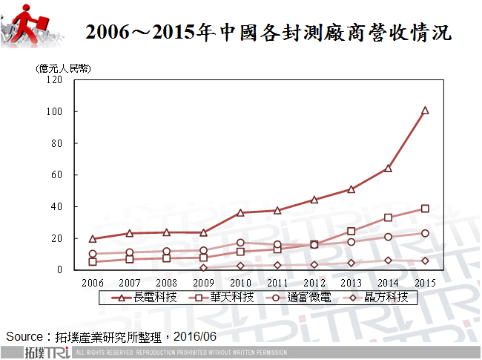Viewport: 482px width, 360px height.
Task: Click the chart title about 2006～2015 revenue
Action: click(x=268, y=33)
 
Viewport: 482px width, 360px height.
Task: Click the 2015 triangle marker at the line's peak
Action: click(x=425, y=111)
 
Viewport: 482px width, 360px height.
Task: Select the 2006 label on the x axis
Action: click(x=93, y=282)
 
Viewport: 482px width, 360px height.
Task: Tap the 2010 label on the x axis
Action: click(x=240, y=282)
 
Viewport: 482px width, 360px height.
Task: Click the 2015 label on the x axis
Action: click(x=425, y=282)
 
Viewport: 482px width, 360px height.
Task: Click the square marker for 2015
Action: click(x=425, y=209)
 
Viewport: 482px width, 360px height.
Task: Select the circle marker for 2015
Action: click(x=425, y=233)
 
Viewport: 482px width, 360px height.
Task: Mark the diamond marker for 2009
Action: click(x=203, y=268)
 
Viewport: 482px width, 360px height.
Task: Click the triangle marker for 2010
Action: click(x=240, y=212)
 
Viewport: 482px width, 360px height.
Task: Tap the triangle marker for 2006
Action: click(x=93, y=239)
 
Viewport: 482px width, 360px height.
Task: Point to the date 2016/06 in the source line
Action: click(x=194, y=336)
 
